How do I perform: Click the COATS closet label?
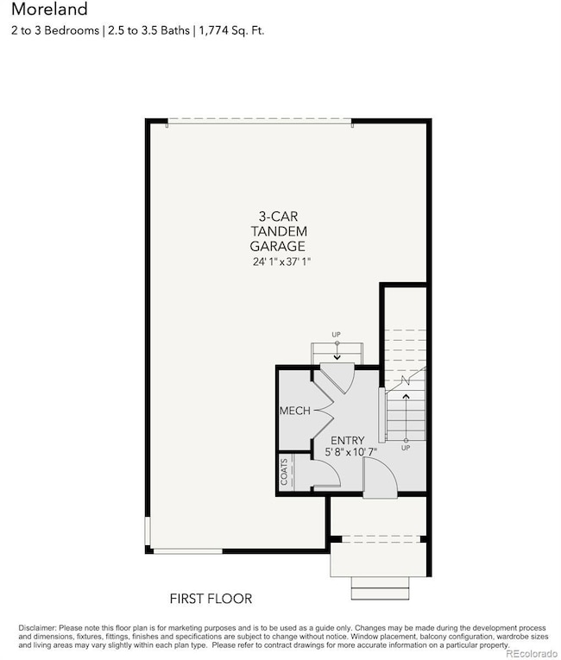click(x=285, y=472)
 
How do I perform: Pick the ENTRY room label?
click(x=347, y=439)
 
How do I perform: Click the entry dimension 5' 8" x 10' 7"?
click(x=350, y=451)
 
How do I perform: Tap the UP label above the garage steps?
click(x=337, y=334)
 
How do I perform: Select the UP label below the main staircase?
click(x=406, y=448)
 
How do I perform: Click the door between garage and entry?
click(x=337, y=377)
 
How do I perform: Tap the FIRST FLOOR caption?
click(x=211, y=598)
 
